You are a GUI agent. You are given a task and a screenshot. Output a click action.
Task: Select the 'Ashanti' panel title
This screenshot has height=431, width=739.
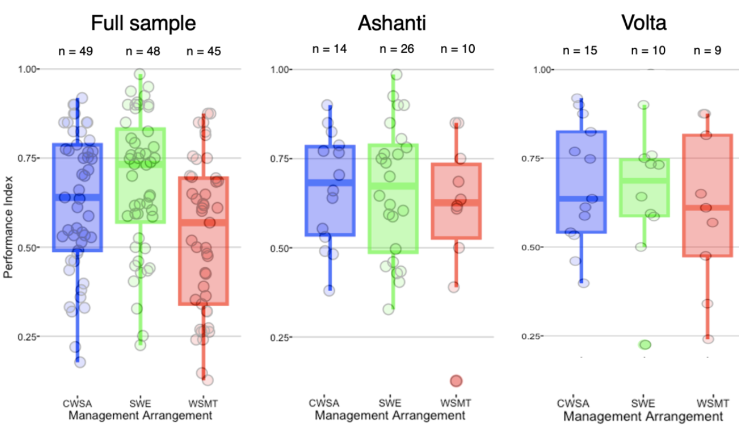coord(392,23)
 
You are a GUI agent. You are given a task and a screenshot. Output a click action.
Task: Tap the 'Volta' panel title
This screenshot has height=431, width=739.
coord(643,23)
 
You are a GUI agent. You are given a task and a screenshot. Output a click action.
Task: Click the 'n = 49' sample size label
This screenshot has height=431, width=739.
coord(76,52)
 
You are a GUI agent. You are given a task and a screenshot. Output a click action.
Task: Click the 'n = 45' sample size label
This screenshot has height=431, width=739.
coord(203,52)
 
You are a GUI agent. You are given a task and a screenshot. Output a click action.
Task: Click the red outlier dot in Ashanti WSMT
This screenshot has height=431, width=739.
coord(455,381)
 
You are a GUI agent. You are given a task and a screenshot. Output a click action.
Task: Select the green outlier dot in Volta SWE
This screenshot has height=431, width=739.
coord(645,345)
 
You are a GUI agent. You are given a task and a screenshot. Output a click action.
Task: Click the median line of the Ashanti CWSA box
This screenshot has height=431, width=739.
coord(330,182)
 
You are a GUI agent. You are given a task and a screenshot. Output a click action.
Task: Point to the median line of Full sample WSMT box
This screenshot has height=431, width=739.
coord(203,222)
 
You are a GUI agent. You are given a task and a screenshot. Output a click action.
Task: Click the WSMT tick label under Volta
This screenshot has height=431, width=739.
coord(707,402)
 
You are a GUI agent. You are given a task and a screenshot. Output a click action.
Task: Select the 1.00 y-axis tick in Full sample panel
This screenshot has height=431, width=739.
coord(29,69)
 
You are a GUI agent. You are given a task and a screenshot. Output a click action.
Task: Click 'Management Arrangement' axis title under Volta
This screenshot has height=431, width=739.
coord(643,416)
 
